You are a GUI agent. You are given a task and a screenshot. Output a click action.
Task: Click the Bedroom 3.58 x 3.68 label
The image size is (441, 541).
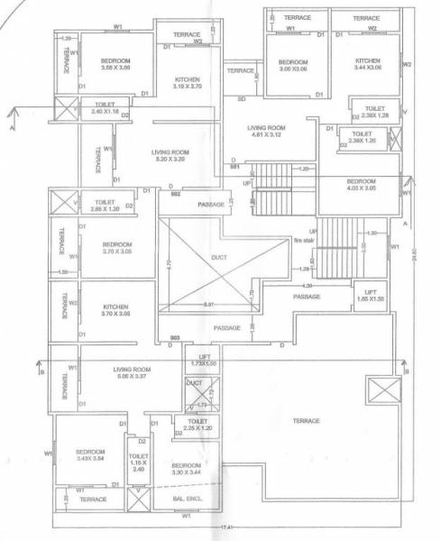pos(115,65)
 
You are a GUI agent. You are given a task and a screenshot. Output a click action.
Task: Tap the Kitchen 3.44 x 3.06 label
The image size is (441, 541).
pos(367,65)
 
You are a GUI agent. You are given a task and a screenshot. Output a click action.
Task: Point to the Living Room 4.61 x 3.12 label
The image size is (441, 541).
pos(266,133)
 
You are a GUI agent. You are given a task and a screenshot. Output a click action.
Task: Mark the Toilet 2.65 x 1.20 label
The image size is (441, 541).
pos(106,206)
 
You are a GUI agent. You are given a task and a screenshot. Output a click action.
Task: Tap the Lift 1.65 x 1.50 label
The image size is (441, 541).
pos(370,295)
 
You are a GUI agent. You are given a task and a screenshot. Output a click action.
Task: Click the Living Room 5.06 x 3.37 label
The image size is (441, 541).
pos(132,373)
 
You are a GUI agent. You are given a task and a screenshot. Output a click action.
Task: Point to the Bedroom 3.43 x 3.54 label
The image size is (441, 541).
pos(91,454)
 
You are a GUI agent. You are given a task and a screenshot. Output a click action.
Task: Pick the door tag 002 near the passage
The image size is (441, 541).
pos(175,194)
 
